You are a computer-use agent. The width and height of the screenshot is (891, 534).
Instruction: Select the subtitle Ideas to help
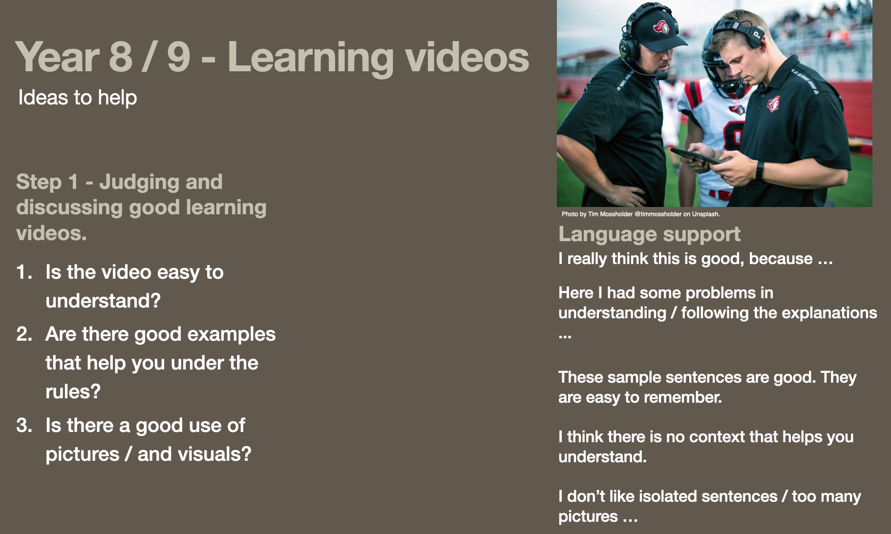(78, 98)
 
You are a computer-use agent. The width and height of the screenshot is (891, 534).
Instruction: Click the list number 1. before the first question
(24, 272)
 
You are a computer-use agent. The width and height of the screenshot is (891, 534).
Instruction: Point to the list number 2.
(24, 334)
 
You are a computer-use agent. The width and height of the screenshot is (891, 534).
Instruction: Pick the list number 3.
(24, 426)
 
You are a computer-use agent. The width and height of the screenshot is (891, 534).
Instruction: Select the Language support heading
(649, 235)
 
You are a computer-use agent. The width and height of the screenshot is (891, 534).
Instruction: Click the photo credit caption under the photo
(640, 214)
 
